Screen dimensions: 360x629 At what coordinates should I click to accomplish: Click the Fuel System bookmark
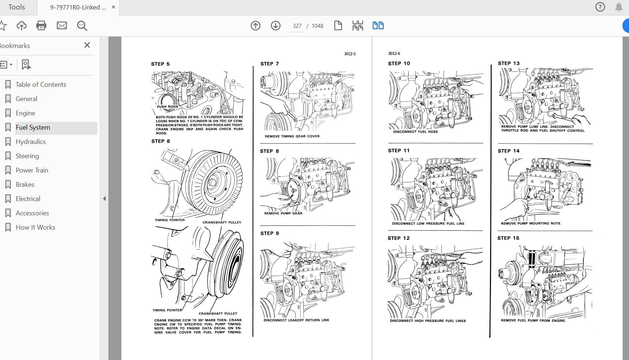pyautogui.click(x=33, y=127)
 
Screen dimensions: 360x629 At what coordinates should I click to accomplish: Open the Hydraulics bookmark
pyautogui.click(x=30, y=142)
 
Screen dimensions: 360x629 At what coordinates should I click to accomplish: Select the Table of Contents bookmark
pyautogui.click(x=41, y=85)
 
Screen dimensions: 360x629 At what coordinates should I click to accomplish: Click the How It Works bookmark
pyautogui.click(x=35, y=227)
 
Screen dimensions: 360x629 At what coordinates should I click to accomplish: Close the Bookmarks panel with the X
pyautogui.click(x=87, y=45)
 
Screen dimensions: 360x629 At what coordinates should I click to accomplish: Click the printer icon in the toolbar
pyautogui.click(x=41, y=26)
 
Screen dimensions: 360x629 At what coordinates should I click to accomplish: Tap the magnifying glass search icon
pyautogui.click(x=82, y=26)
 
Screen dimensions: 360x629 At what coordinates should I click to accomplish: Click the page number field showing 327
pyautogui.click(x=297, y=26)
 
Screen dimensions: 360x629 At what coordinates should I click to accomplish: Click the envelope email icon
pyautogui.click(x=62, y=26)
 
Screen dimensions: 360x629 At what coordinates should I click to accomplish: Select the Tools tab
pyautogui.click(x=16, y=7)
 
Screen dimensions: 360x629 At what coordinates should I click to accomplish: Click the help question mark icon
pyautogui.click(x=600, y=7)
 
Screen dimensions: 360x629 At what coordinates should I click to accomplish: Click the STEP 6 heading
pyautogui.click(x=161, y=141)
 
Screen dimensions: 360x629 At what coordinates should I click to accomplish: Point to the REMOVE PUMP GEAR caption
pyautogui.click(x=284, y=213)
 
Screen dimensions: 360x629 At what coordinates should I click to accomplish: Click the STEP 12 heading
pyautogui.click(x=399, y=238)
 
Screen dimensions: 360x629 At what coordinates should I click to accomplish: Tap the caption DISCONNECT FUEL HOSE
pyautogui.click(x=416, y=131)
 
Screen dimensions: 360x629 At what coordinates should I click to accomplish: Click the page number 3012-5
pyautogui.click(x=350, y=54)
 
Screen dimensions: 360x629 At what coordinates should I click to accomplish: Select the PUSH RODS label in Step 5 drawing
pyautogui.click(x=167, y=107)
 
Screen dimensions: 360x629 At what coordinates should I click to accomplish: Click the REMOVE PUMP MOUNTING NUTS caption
pyautogui.click(x=531, y=223)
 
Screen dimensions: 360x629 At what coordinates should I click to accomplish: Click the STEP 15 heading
pyautogui.click(x=508, y=238)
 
